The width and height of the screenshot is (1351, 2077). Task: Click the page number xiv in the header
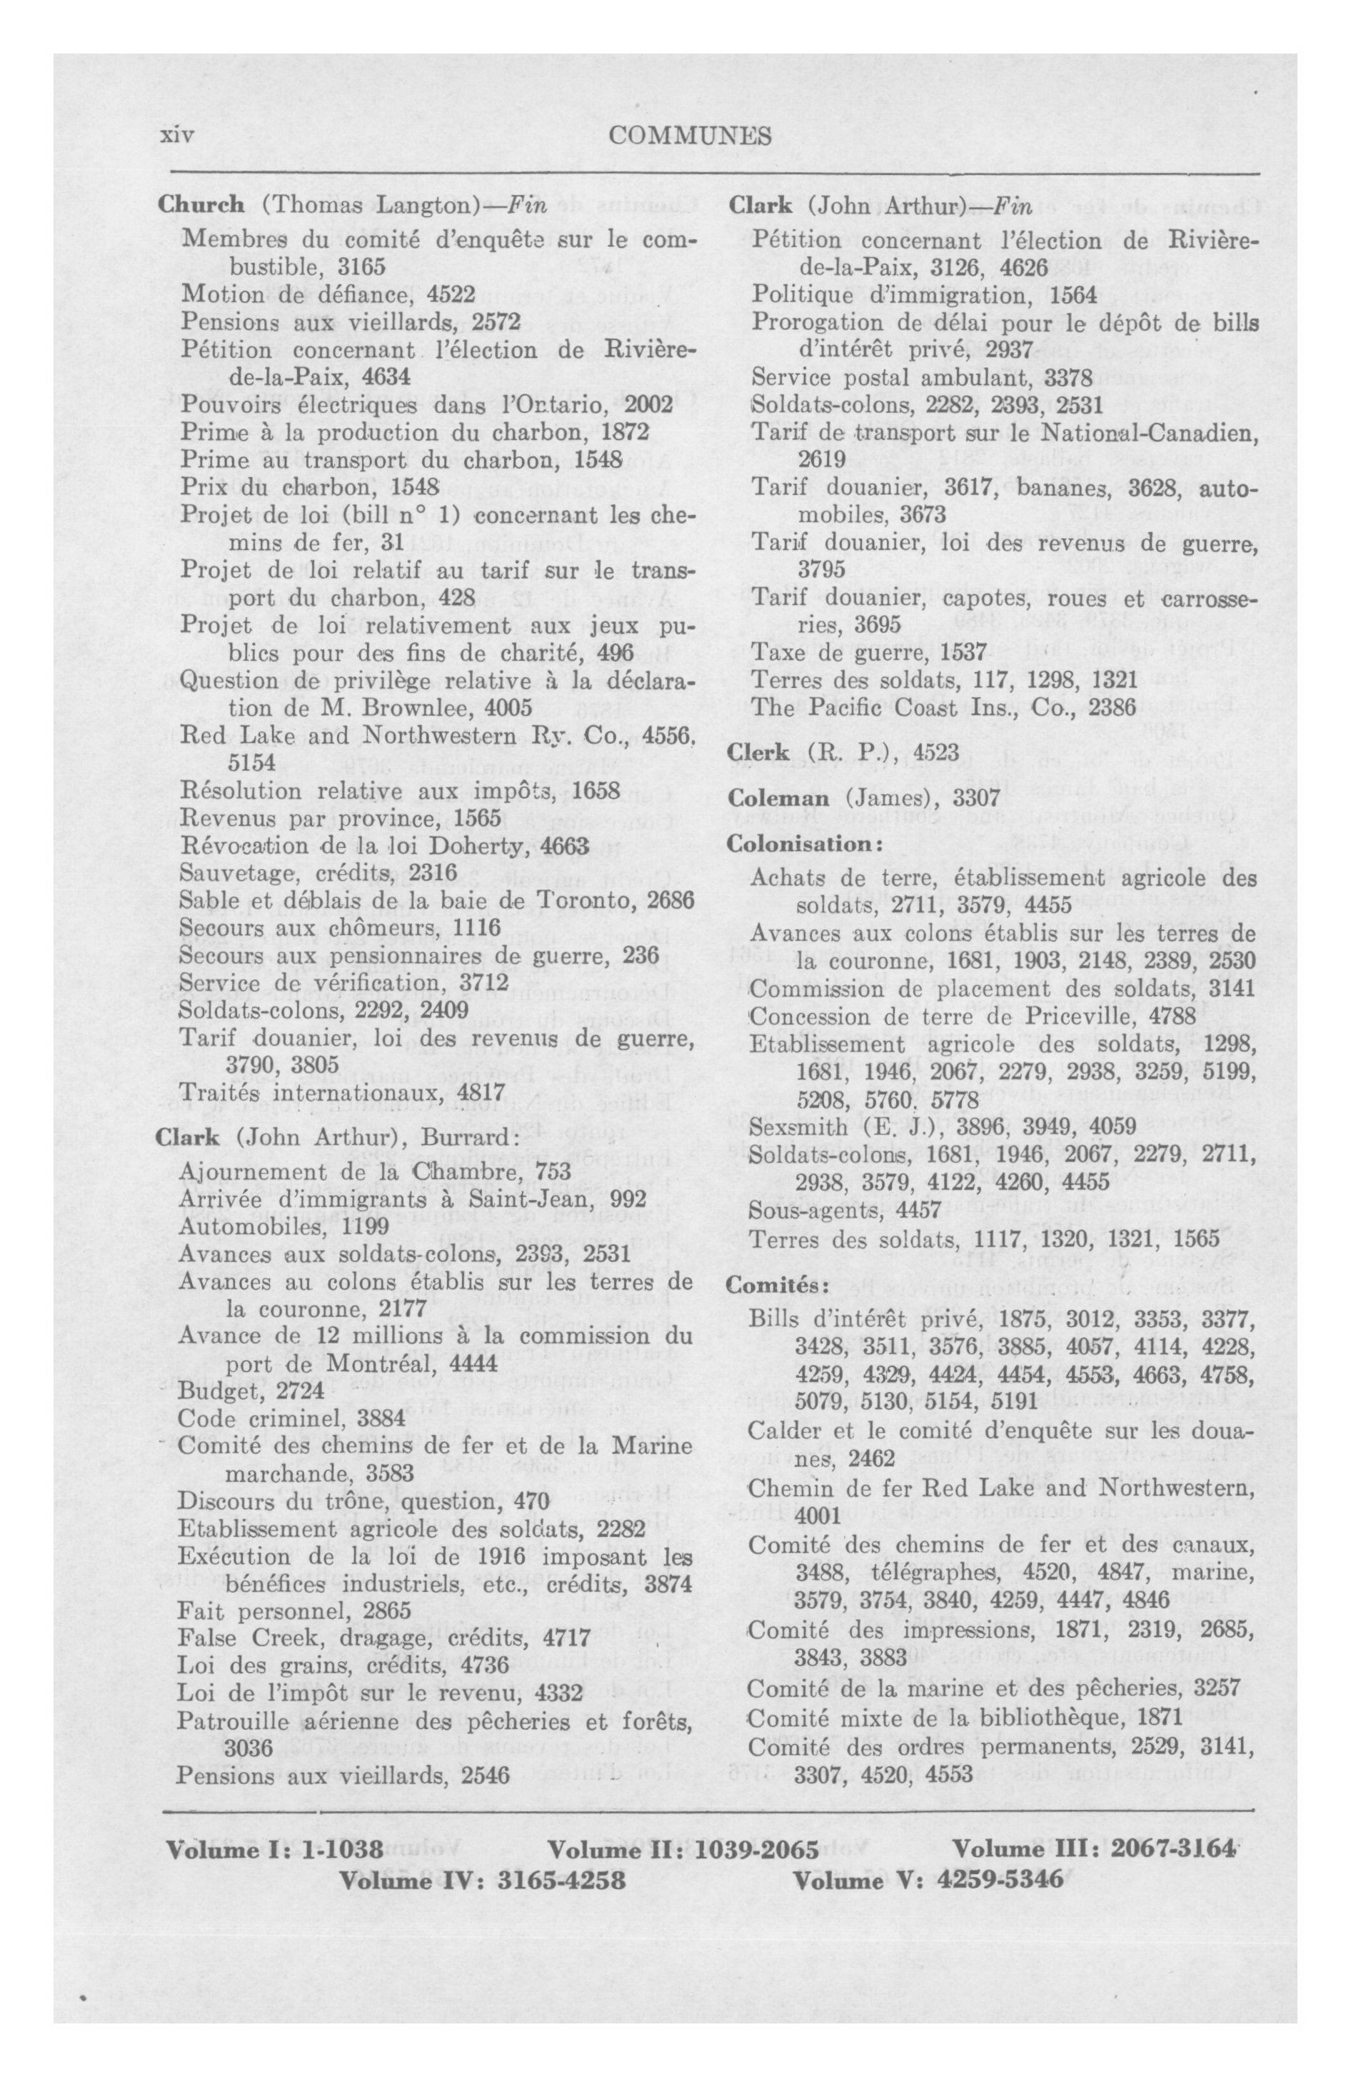[176, 136]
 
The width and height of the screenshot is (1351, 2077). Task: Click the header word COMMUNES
[690, 136]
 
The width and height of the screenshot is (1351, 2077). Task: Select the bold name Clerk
[757, 751]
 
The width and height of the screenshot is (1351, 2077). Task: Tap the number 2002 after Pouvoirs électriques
[643, 405]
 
